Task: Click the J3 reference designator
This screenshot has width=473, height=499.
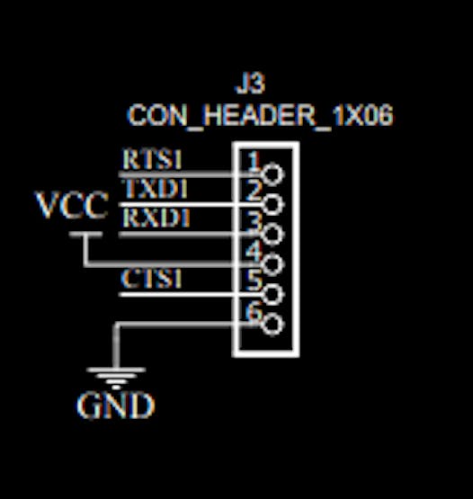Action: coord(250,85)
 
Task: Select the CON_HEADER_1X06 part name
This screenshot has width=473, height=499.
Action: coord(260,116)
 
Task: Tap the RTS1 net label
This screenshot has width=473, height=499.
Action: coord(152,160)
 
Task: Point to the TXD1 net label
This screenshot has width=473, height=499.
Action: coord(155,189)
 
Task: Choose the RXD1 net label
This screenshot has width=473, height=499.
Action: coord(155,218)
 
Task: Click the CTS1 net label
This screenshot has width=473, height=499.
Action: coord(152,279)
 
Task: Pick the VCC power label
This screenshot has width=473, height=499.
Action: coord(72,206)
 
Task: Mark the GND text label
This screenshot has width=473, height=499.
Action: coord(116,406)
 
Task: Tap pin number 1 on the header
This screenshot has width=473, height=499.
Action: coord(254,161)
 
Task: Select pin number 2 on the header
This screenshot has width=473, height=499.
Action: coord(254,191)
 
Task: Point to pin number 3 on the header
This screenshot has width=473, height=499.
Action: coord(254,220)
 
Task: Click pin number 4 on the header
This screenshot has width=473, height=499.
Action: coord(254,251)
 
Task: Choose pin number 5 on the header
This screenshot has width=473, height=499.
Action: coord(254,281)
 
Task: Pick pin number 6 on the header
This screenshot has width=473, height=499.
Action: coord(254,312)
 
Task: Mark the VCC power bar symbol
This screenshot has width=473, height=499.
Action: coord(85,235)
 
